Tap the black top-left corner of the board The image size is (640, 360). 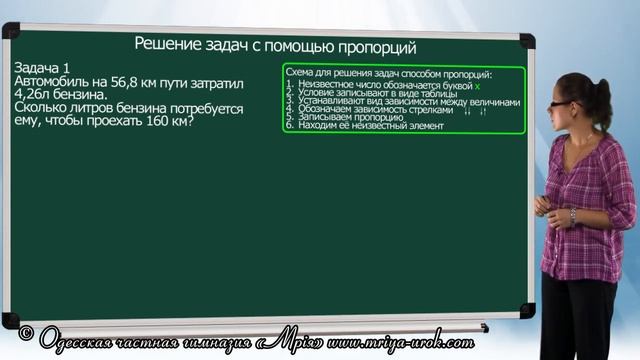[9, 29]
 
